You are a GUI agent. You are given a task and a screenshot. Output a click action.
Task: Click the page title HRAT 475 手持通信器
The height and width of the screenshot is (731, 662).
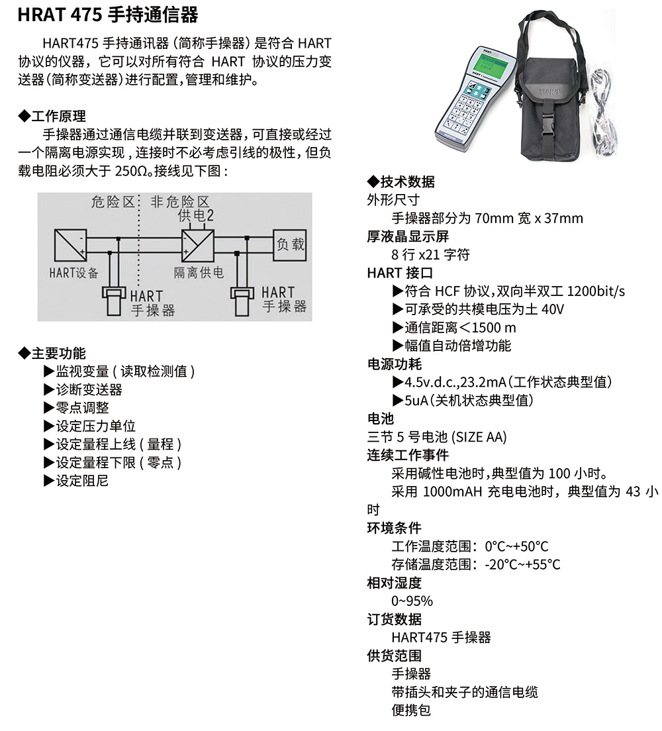108,15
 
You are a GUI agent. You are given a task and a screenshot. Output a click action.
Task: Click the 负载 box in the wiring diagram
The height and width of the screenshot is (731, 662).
290,244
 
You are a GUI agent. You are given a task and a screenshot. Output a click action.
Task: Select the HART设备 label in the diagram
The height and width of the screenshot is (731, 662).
73,273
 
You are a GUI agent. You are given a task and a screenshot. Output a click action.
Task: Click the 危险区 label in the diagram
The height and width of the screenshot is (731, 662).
113,202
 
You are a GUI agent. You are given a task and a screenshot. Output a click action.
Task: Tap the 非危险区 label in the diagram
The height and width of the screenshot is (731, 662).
180,202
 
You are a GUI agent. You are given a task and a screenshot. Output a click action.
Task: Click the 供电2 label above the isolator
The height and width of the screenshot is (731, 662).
196,216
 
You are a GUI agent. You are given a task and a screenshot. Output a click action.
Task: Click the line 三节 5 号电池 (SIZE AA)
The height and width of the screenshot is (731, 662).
437,437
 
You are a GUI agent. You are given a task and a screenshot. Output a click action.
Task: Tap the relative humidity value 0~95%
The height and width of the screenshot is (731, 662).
412,601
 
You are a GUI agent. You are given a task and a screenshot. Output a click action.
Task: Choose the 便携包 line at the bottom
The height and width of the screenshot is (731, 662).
411,710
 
